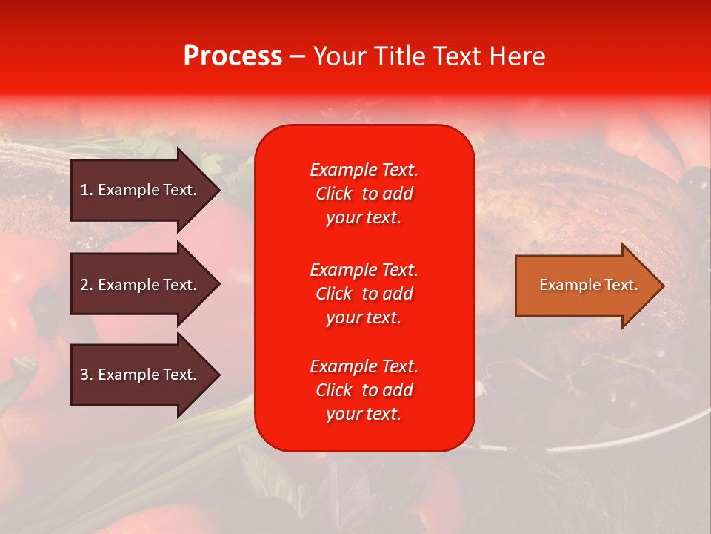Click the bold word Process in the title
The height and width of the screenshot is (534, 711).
[233, 56]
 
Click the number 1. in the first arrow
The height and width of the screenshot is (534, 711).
[87, 190]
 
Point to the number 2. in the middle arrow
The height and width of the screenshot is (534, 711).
[87, 285]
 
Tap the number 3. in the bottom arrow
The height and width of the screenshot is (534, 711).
[87, 375]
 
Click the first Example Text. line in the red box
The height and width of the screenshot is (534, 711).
[364, 170]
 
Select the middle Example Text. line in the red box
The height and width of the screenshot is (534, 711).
[364, 269]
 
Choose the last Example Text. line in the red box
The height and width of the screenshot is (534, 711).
[364, 366]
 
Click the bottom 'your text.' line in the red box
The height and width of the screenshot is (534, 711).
[364, 415]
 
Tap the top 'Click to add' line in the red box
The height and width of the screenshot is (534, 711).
[364, 194]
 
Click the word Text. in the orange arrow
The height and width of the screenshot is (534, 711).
[618, 285]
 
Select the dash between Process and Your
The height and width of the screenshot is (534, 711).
[297, 57]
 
